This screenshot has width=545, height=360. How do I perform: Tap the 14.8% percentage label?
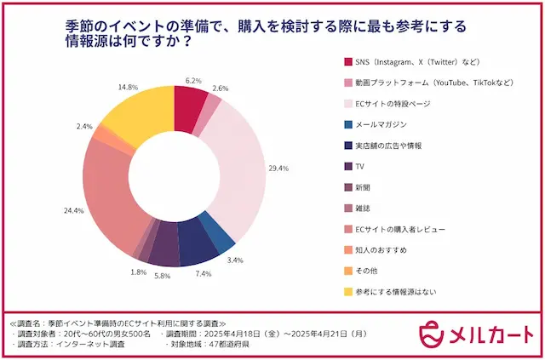pyautogui.click(x=129, y=87)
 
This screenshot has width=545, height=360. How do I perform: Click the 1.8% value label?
pyautogui.click(x=137, y=272)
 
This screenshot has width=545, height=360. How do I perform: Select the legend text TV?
pyautogui.click(x=362, y=166)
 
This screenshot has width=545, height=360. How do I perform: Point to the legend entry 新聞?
pyautogui.click(x=366, y=187)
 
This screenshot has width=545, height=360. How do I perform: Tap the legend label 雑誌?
pyautogui.click(x=366, y=209)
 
